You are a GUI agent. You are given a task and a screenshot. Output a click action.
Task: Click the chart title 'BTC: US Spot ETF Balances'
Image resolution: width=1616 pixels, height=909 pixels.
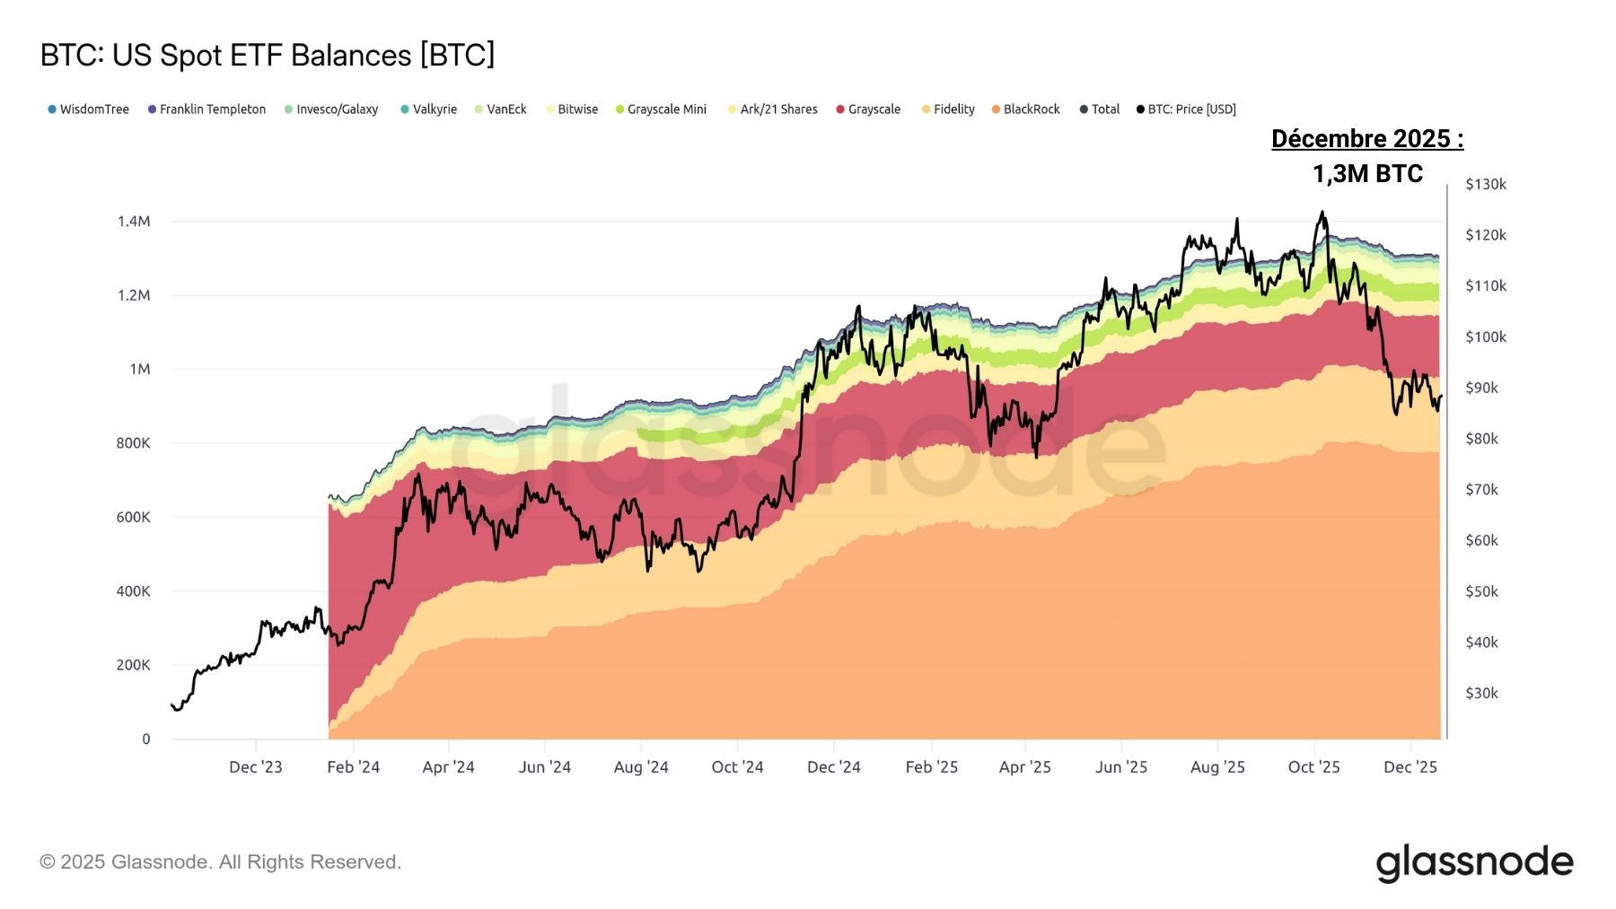click(x=268, y=56)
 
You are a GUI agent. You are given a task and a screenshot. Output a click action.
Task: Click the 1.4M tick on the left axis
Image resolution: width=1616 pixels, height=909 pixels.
click(x=133, y=222)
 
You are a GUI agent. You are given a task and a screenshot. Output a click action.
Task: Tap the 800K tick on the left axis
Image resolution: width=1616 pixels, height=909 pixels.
click(x=133, y=443)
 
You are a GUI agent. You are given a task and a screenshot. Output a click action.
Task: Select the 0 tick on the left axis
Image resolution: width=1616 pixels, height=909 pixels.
click(x=146, y=739)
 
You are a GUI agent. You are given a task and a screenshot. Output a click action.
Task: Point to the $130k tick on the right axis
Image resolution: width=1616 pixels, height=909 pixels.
click(x=1485, y=185)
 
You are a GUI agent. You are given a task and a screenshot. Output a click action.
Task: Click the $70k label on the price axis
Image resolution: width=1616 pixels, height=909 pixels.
click(x=1481, y=490)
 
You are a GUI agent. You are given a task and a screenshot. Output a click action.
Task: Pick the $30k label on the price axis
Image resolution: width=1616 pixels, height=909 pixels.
click(x=1481, y=694)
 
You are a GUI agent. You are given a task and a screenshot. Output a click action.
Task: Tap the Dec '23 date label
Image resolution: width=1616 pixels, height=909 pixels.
click(x=256, y=767)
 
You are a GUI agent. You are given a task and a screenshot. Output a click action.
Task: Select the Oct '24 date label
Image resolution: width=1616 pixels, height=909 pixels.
click(x=737, y=767)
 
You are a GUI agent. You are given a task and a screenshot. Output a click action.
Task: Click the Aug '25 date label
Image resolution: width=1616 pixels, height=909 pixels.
click(x=1217, y=767)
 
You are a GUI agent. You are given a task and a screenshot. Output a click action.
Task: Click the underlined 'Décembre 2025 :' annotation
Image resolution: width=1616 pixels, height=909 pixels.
click(x=1367, y=139)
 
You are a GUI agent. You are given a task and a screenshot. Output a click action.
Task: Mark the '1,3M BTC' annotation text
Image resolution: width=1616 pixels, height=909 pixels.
click(x=1367, y=174)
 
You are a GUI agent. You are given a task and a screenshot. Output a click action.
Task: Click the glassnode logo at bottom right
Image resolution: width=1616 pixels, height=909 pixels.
click(x=1474, y=862)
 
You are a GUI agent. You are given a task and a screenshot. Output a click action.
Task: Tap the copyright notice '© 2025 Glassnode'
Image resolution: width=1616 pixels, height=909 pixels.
click(x=220, y=862)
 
